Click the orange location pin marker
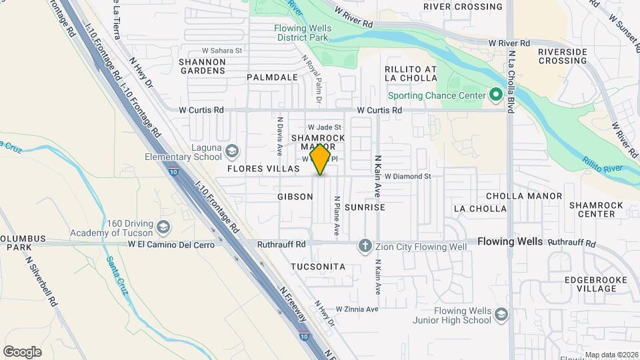click(321, 159)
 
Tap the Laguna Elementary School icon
click(231, 151)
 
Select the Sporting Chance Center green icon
click(495, 95)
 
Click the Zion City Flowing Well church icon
click(365, 247)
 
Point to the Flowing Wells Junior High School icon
click(501, 314)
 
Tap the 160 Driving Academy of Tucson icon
click(163, 228)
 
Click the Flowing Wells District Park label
click(301, 33)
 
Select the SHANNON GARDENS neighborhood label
click(203, 67)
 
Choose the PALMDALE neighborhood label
click(272, 77)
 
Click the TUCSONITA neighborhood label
click(318, 267)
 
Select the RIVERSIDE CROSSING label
click(562, 56)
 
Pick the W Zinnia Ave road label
click(357, 309)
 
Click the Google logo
click(22, 352)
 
